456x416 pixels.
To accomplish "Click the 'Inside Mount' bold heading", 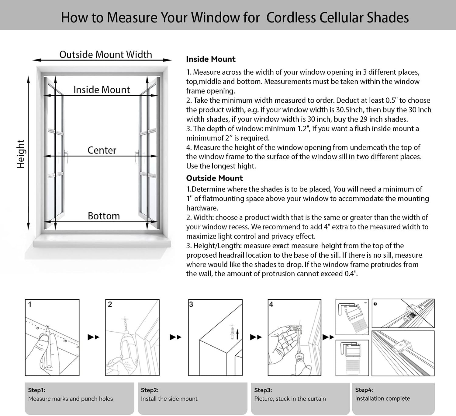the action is (x=211, y=59).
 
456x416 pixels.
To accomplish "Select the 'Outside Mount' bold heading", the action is (x=215, y=178).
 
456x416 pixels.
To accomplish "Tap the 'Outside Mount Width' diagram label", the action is (x=106, y=55).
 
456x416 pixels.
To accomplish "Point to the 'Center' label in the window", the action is (x=102, y=150).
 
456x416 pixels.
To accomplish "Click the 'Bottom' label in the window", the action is (x=104, y=216).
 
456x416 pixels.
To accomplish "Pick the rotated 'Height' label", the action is (x=20, y=154).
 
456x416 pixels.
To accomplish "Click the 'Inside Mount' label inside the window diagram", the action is (x=102, y=90).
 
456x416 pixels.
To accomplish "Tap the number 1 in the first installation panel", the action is (x=30, y=304).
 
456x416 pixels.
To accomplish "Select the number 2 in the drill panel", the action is (x=110, y=304).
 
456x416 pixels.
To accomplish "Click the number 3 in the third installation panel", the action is (x=191, y=304).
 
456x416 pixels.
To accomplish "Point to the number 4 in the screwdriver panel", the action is (x=271, y=304).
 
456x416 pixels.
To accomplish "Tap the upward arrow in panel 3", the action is (x=237, y=334).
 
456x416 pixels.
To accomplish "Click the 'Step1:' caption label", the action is (x=36, y=390).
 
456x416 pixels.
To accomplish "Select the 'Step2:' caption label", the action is (x=150, y=390).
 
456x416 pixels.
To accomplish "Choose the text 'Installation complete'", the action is (x=382, y=398).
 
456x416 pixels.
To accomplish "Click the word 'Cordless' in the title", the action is (x=291, y=18).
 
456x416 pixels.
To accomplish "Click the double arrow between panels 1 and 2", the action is (x=93, y=337).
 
